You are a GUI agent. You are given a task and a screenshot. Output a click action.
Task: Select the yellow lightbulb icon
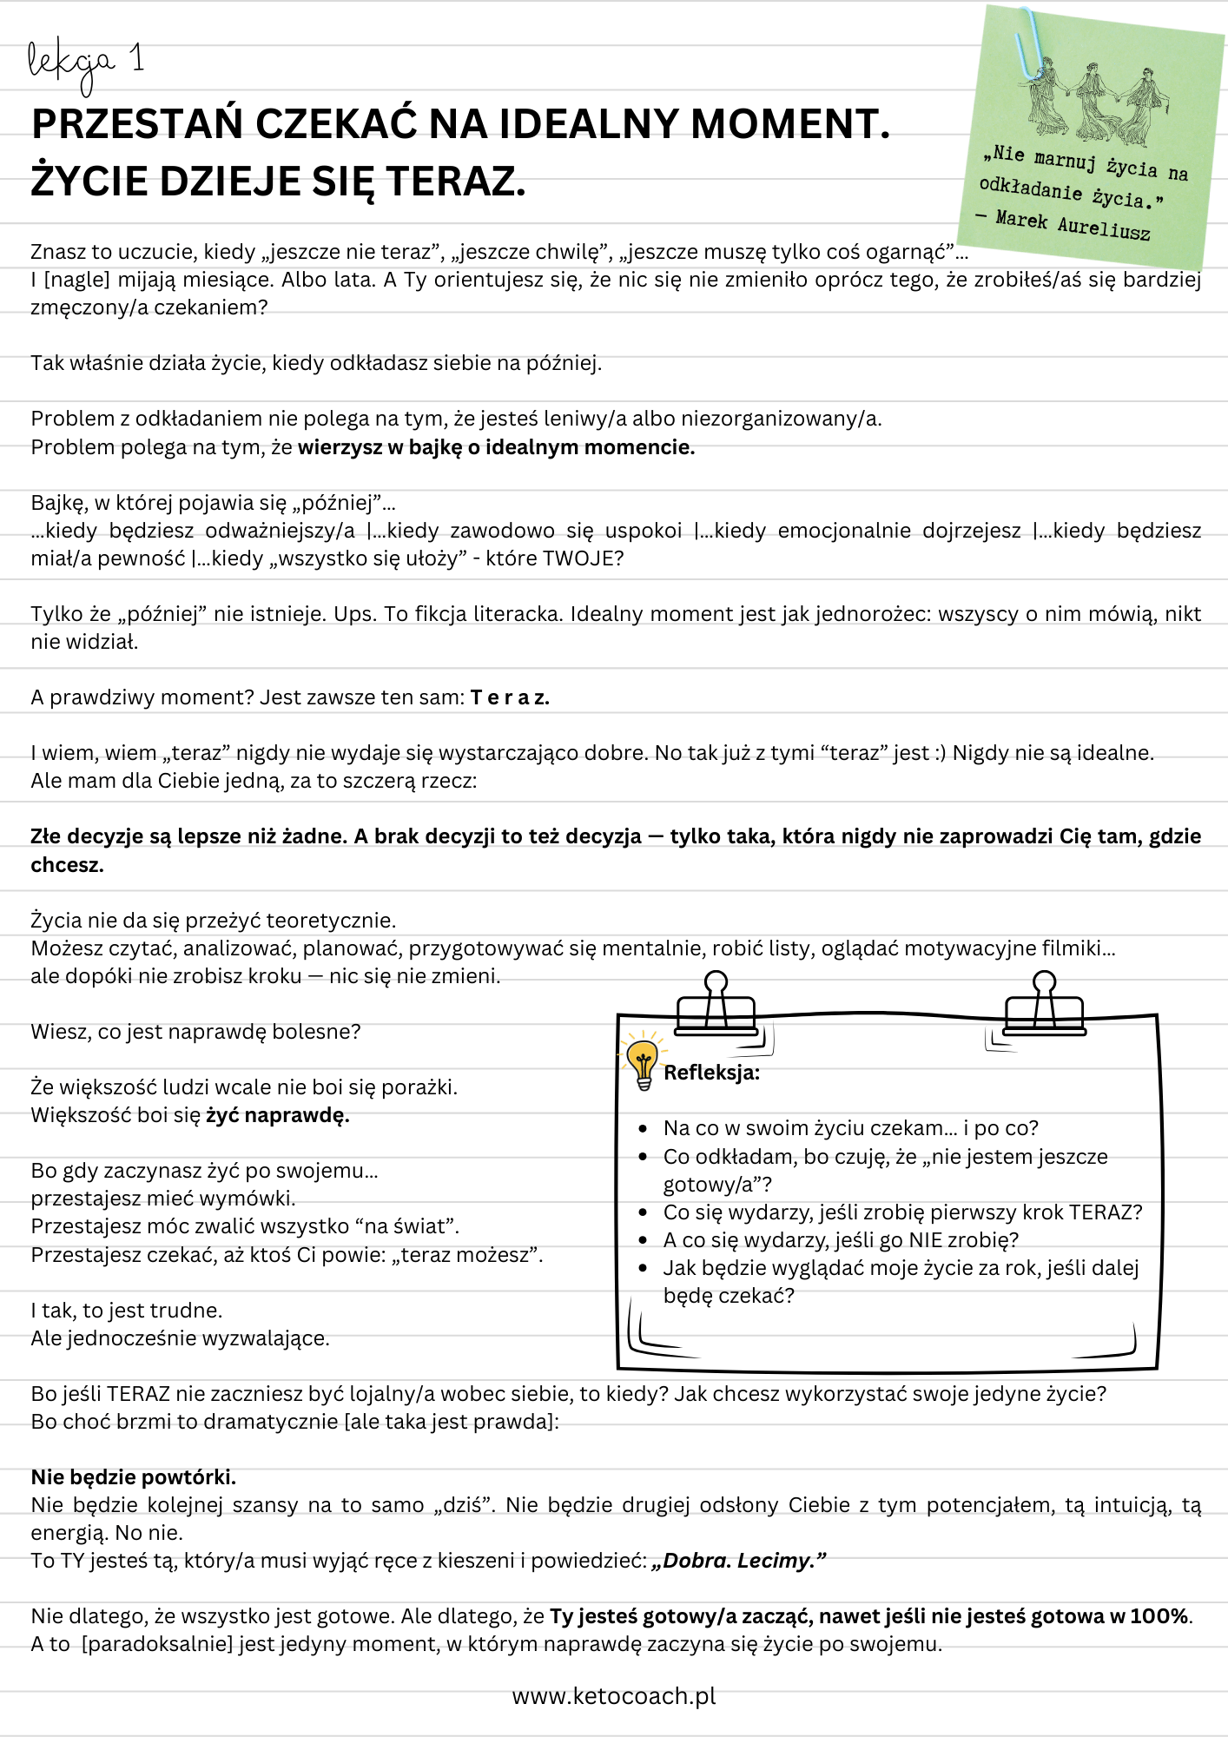(x=643, y=1060)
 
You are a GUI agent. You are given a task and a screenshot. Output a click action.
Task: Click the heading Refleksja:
(x=711, y=1073)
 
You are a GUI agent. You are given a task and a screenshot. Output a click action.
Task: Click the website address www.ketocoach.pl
(x=614, y=1696)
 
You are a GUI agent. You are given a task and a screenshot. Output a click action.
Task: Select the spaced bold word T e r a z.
(x=510, y=697)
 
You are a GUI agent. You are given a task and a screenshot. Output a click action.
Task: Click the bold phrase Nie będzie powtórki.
(x=134, y=1477)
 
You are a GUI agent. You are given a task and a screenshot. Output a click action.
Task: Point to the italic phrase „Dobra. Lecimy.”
(x=738, y=1561)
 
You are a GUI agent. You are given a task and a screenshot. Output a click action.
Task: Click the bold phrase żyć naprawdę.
(x=278, y=1115)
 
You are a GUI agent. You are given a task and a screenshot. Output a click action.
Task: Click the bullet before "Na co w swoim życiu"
(x=643, y=1129)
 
